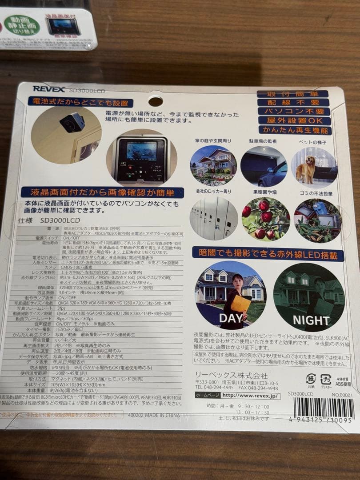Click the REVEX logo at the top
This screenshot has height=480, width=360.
point(49,89)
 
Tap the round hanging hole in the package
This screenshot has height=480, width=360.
point(155,100)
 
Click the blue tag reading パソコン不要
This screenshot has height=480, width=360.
point(294,111)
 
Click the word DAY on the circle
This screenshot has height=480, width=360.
point(231,318)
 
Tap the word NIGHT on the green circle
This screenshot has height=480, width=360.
point(311,320)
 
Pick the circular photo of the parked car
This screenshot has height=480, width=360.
point(264,167)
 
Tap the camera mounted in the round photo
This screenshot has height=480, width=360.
point(72,122)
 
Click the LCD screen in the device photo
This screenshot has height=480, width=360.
point(141,151)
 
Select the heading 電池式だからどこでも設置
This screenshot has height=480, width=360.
point(80,103)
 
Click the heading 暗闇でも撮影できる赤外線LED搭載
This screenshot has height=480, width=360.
point(268,255)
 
